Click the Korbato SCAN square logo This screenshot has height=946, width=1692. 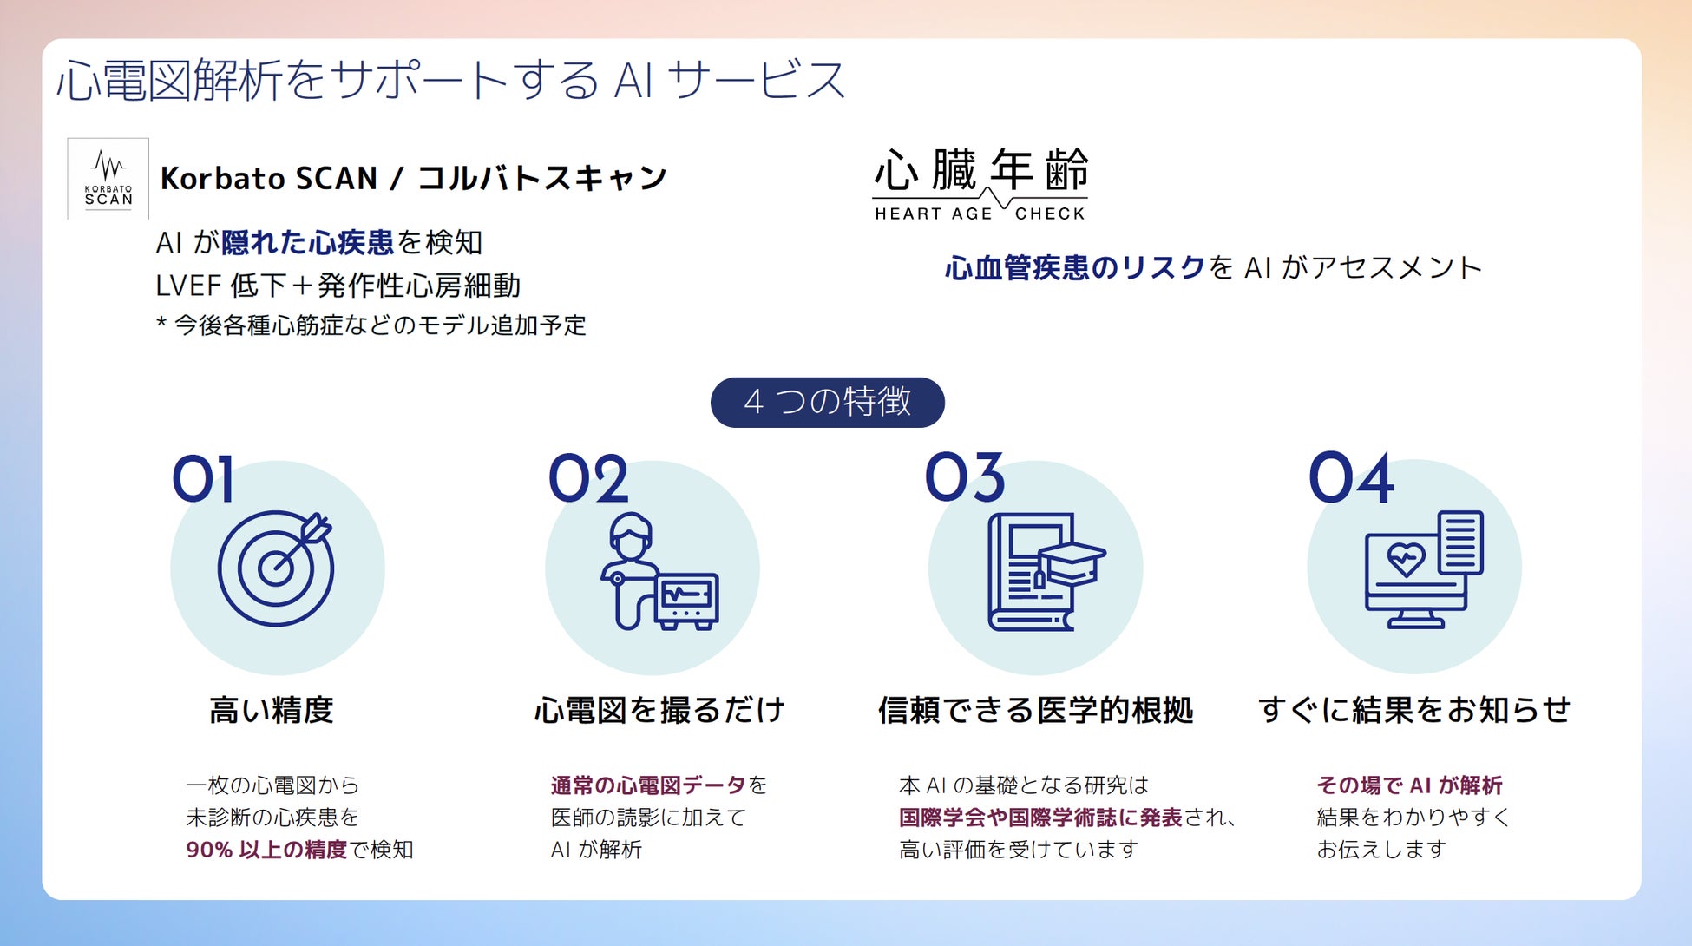pyautogui.click(x=108, y=179)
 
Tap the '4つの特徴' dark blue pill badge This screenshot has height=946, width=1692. pyautogui.click(x=827, y=402)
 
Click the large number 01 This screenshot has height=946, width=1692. pyautogui.click(x=203, y=478)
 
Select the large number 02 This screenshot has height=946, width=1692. pyautogui.click(x=588, y=478)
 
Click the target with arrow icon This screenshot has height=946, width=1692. pyautogui.click(x=276, y=568)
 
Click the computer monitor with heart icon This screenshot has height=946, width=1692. pyautogui.click(x=1423, y=569)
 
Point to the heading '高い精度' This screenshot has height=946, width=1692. pyautogui.click(x=271, y=710)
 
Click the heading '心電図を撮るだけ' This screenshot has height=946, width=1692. pyautogui.click(x=659, y=710)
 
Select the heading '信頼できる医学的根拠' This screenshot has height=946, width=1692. pyautogui.click(x=1035, y=710)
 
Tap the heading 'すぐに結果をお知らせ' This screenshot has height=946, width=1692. pyautogui.click(x=1414, y=710)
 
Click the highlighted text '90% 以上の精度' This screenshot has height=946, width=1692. pyautogui.click(x=266, y=850)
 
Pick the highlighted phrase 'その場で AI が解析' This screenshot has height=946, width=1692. pyautogui.click(x=1409, y=785)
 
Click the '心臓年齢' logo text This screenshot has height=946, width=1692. pyautogui.click(x=980, y=169)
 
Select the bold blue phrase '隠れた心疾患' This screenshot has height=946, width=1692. pyautogui.click(x=307, y=242)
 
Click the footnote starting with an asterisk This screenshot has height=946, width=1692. pyautogui.click(x=371, y=325)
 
